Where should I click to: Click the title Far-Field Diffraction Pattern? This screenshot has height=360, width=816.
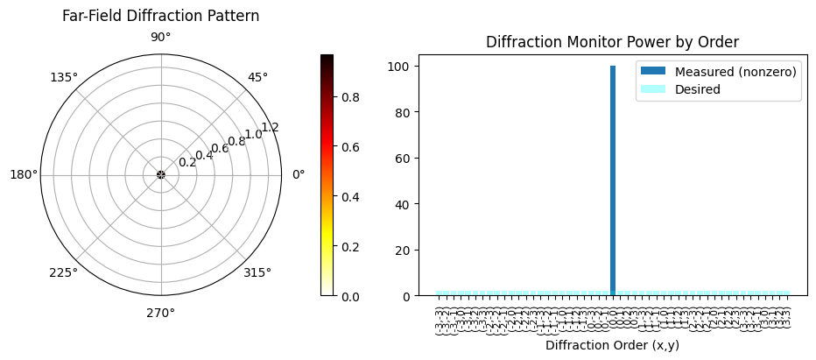click(x=160, y=16)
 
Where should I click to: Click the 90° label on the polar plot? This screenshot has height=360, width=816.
click(x=160, y=38)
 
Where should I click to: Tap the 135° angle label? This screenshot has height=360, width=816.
click(x=64, y=77)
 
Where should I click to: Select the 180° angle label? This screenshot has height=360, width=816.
click(x=24, y=174)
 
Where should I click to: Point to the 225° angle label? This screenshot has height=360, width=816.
click(x=64, y=272)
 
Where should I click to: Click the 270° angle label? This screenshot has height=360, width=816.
click(x=160, y=312)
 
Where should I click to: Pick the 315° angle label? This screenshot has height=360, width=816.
click(x=257, y=272)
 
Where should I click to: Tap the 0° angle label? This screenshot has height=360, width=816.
click(x=298, y=174)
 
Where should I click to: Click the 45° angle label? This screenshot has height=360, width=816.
click(x=257, y=77)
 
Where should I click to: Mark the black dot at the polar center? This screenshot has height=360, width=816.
click(x=160, y=174)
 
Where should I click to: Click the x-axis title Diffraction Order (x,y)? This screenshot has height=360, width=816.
click(x=612, y=345)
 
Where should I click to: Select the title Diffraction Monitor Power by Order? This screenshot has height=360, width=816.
click(x=612, y=42)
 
